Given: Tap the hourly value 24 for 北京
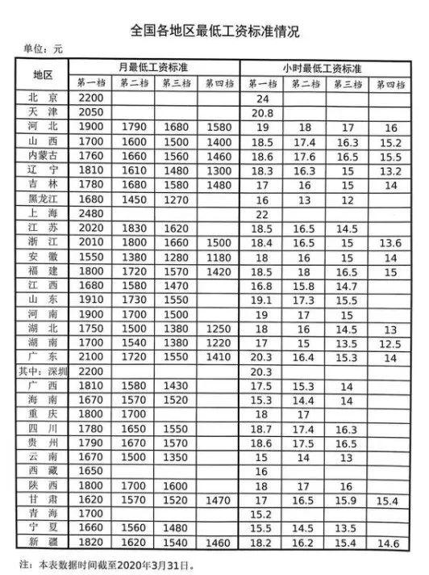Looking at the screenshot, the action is tap(261, 98).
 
